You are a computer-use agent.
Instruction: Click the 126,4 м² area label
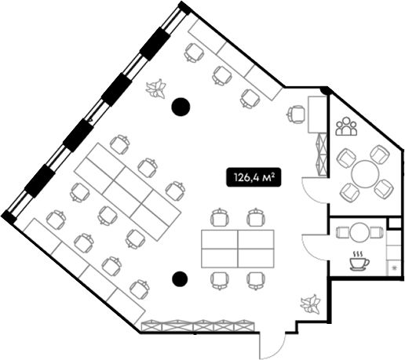click(254, 177)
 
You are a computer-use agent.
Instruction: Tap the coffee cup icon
click(359, 260)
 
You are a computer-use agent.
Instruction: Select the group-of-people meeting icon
click(346, 126)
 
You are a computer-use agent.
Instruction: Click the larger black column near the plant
click(181, 107)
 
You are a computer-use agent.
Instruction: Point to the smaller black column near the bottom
click(180, 278)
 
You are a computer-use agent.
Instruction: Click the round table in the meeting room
click(365, 173)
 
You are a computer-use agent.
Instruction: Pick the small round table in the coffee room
click(359, 232)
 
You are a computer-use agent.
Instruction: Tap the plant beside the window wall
click(156, 89)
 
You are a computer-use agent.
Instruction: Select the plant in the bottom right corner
click(310, 304)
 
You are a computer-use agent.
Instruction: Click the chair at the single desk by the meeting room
click(297, 114)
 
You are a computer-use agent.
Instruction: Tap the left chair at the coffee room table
click(343, 232)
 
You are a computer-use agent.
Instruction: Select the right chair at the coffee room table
click(377, 232)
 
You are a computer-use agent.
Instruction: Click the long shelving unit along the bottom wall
click(198, 326)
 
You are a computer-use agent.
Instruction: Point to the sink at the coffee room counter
click(394, 267)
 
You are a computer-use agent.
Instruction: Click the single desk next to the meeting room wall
click(318, 115)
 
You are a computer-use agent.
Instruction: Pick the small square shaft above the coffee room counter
click(395, 223)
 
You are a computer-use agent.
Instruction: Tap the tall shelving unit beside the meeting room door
click(322, 155)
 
